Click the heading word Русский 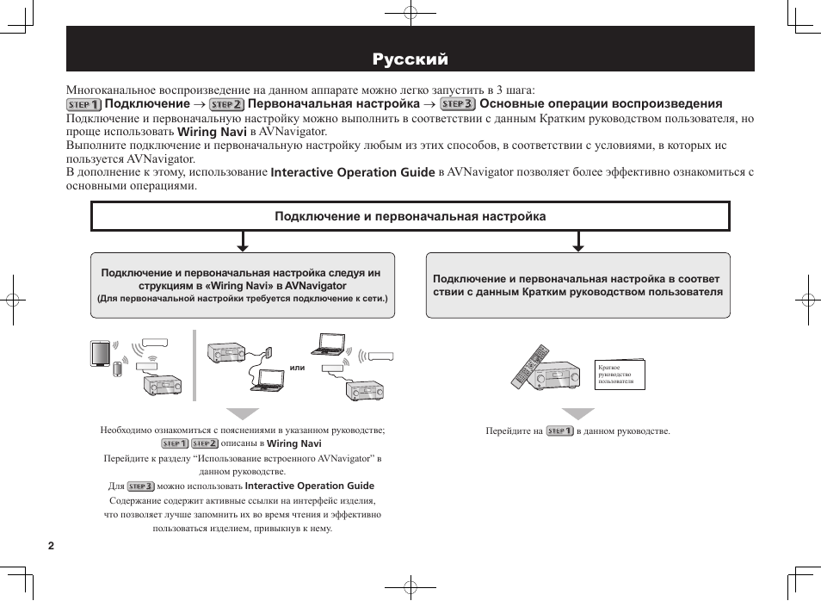pos(410,59)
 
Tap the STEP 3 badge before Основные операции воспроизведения pos(458,104)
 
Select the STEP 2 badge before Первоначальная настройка pos(227,104)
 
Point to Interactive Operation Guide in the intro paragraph pos(353,172)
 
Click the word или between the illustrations pos(298,368)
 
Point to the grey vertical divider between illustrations pos(194,365)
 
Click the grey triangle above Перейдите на pos(578,414)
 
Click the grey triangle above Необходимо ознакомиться pos(241,414)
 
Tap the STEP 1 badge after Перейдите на pos(559,431)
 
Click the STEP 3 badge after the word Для pos(140,486)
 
